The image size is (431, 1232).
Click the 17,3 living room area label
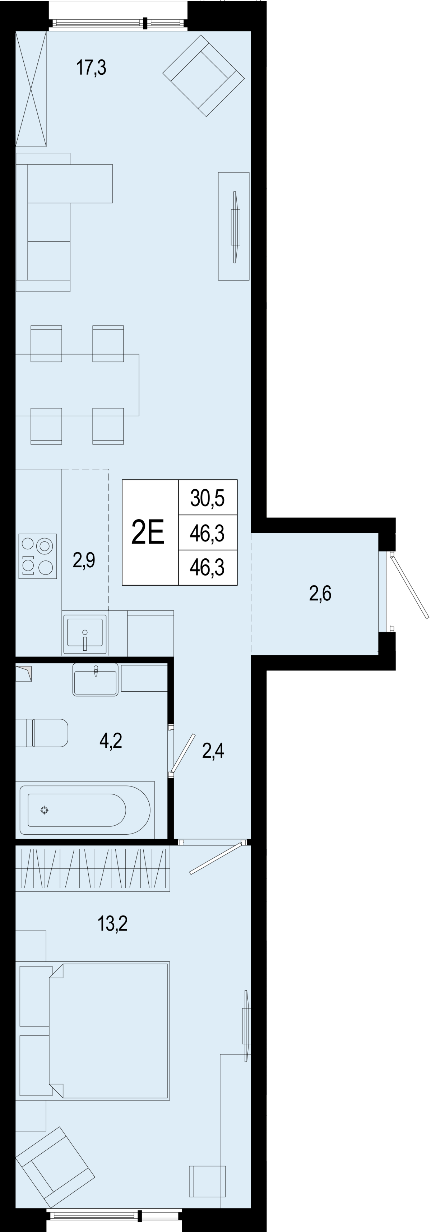click(91, 68)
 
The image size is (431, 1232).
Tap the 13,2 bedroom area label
click(112, 923)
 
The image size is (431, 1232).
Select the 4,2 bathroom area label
click(111, 740)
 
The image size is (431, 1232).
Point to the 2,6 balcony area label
click(320, 593)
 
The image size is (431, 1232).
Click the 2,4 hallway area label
click(213, 751)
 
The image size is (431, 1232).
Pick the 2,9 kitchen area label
click(84, 559)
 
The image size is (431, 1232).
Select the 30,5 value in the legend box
click(207, 498)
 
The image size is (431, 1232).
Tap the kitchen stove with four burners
click(38, 556)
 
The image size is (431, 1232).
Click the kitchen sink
click(85, 634)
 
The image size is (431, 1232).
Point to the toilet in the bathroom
click(42, 733)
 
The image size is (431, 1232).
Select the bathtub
click(85, 810)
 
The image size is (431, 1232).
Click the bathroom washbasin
click(95, 679)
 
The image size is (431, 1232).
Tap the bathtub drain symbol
click(45, 810)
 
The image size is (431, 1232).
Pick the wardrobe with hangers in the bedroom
click(93, 868)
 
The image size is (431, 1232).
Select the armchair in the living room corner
click(203, 75)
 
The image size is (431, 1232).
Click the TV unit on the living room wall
click(233, 226)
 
